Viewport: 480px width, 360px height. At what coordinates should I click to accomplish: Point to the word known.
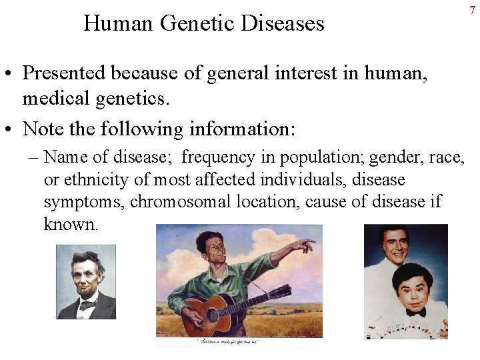(71, 224)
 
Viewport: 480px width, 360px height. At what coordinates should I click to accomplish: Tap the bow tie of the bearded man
(86, 305)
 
